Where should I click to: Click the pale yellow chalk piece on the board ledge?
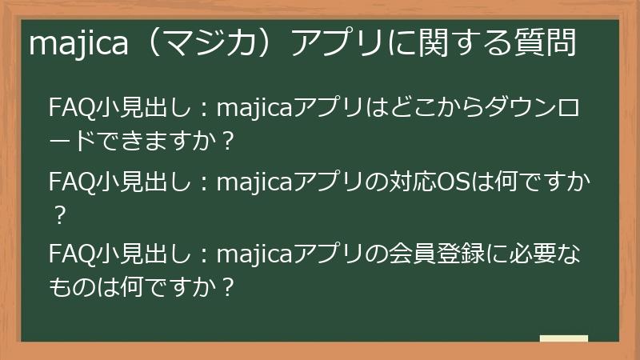563,338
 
